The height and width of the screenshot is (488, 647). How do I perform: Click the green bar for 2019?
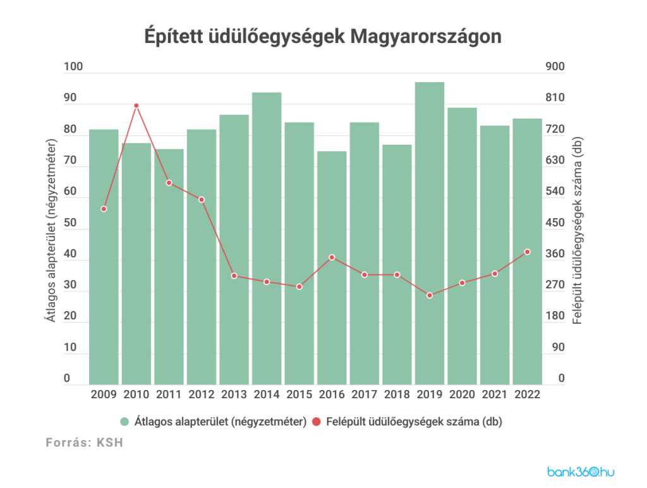(x=430, y=234)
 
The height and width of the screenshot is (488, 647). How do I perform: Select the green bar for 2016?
(x=332, y=268)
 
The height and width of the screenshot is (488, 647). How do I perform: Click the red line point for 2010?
(x=136, y=106)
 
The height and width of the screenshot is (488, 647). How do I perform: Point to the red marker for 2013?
(x=234, y=276)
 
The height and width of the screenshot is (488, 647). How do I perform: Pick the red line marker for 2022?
(x=527, y=252)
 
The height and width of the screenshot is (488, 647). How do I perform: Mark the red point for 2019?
(x=430, y=295)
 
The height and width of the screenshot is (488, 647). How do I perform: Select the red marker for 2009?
(x=104, y=209)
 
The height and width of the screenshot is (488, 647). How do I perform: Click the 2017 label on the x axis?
(x=365, y=395)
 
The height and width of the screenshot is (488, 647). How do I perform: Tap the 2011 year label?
(x=169, y=395)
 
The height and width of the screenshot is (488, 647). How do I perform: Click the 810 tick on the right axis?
(x=554, y=99)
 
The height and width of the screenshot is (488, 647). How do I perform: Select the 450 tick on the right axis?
(x=554, y=223)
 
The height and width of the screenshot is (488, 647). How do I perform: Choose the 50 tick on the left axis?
(x=70, y=223)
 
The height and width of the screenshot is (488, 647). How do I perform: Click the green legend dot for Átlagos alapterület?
(x=124, y=421)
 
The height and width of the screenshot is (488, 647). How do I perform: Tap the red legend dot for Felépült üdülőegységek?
(x=317, y=421)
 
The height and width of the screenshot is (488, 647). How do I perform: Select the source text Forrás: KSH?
(x=84, y=443)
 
